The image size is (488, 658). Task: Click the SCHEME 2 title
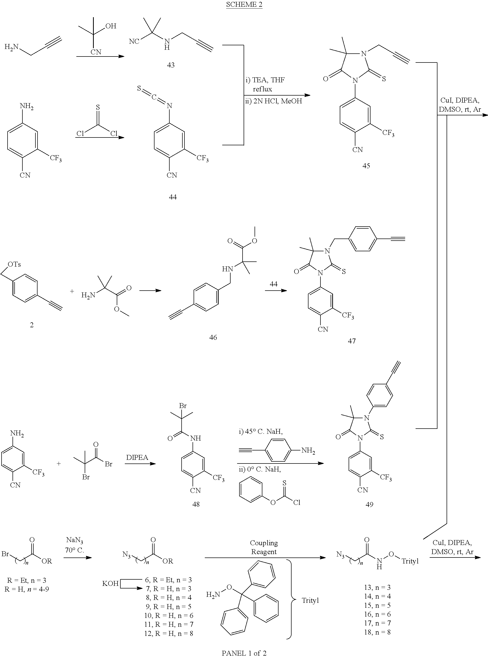coord(244,5)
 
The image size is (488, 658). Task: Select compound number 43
coord(171,65)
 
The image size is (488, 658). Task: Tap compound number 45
coord(366,166)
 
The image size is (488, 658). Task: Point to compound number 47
coord(351,341)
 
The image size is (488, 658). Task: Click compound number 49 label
coord(369,504)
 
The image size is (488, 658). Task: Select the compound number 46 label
coord(213,337)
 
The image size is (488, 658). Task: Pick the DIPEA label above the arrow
coord(137,458)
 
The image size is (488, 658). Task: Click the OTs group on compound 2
coord(14,265)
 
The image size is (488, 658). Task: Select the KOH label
coord(110,584)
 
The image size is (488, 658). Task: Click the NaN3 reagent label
coord(75,540)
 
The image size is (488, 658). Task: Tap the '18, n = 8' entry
coord(377,632)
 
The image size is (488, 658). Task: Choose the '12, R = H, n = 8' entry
coord(168,633)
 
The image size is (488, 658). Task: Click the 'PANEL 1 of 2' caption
coord(244,653)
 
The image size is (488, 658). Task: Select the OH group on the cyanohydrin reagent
coord(111,26)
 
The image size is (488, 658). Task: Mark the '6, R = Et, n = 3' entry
coord(168,580)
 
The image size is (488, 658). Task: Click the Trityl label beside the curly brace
coord(310,600)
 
